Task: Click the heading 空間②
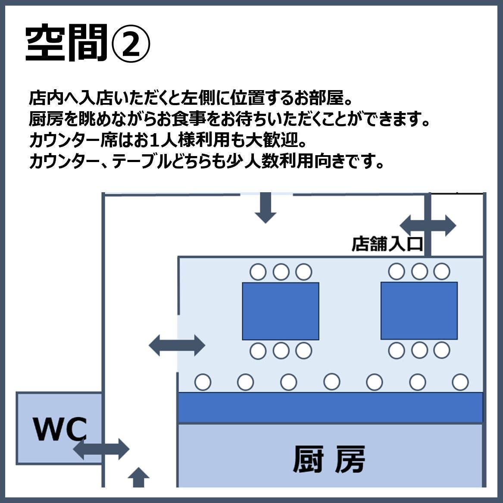(x=88, y=44)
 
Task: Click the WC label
(x=60, y=428)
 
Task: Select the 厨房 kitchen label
(x=329, y=459)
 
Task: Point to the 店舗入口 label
(x=387, y=244)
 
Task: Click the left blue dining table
(x=280, y=311)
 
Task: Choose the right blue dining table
(x=419, y=311)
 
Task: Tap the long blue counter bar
(x=330, y=408)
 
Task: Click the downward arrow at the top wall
(x=265, y=207)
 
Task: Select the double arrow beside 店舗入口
(x=428, y=225)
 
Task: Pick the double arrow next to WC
(x=101, y=449)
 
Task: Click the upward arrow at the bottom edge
(x=138, y=478)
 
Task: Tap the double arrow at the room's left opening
(x=177, y=345)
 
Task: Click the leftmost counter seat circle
(x=203, y=382)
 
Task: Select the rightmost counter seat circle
(x=460, y=382)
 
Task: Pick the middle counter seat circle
(x=331, y=382)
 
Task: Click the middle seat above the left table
(x=281, y=272)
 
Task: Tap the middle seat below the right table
(x=419, y=350)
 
